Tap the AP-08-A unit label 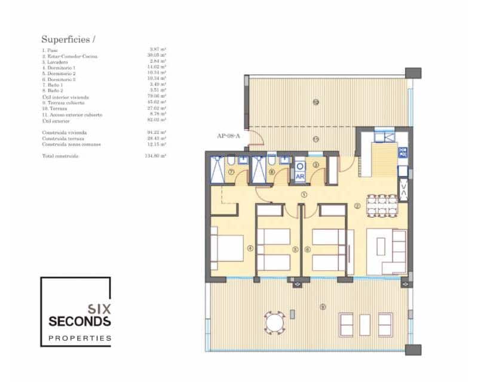point(229,136)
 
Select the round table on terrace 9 point(274,324)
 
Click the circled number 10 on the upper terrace point(315,102)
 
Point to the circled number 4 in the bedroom point(250,249)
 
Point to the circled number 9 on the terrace point(323,307)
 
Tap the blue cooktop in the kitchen point(402,152)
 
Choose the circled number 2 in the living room point(357,207)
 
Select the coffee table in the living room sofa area point(381,247)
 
